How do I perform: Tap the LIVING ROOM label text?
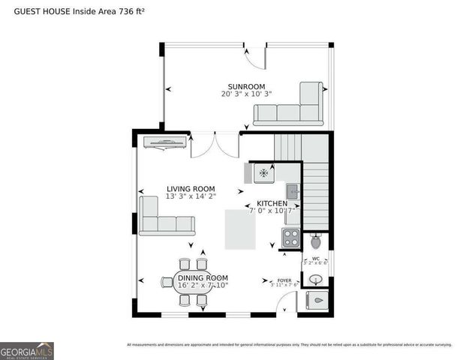click(x=191, y=189)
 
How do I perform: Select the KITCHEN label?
click(x=272, y=204)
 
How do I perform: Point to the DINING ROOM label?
click(x=203, y=278)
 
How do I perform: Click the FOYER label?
click(x=284, y=280)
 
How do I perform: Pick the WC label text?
click(x=315, y=259)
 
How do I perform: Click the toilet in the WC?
click(x=316, y=241)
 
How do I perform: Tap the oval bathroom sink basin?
click(x=316, y=280)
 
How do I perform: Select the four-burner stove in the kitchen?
click(x=290, y=238)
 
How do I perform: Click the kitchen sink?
click(x=293, y=191)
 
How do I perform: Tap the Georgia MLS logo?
click(x=27, y=351)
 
